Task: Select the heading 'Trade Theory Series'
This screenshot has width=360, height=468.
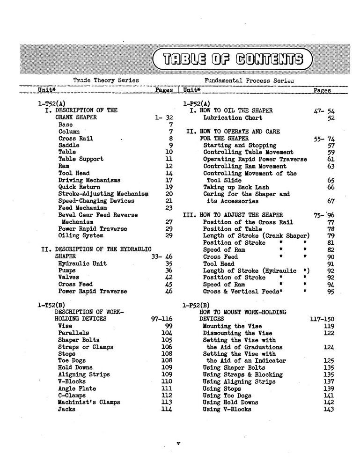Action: coord(106,80)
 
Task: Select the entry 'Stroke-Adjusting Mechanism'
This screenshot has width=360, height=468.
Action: coord(103,194)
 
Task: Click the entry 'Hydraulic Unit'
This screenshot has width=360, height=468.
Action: coord(82,263)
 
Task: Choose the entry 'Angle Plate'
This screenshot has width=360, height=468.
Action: coord(77,388)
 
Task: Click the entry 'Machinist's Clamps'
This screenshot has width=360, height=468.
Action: coord(89,402)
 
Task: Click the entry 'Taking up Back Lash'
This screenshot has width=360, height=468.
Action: coord(235,187)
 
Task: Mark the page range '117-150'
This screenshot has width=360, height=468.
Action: coord(322,319)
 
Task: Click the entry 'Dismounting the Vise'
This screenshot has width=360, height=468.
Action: coord(235,333)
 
